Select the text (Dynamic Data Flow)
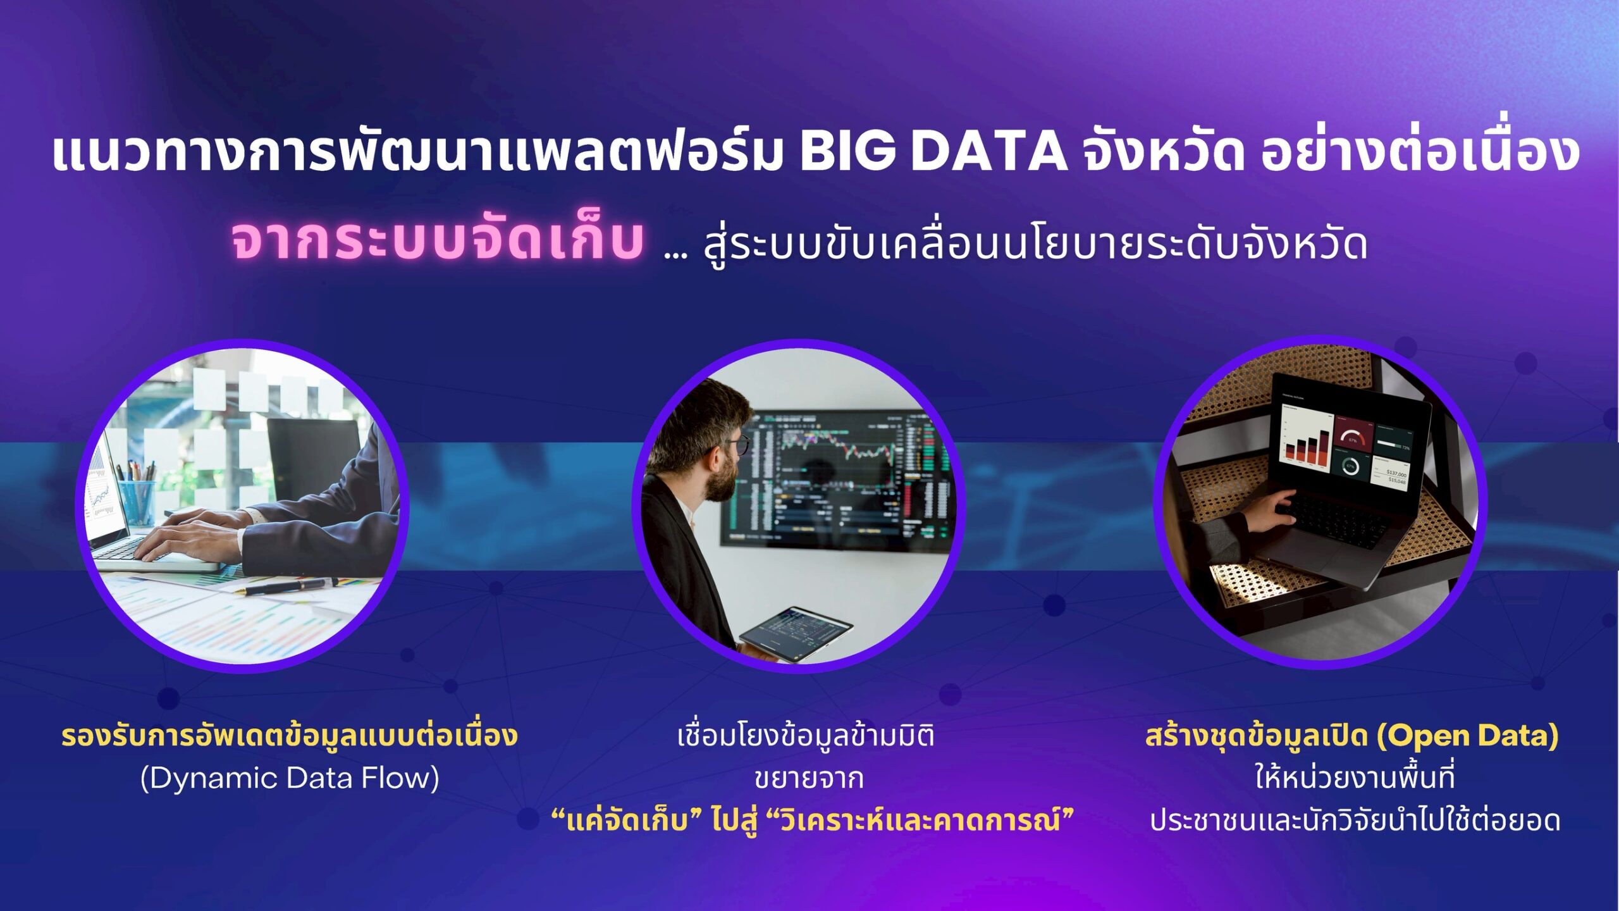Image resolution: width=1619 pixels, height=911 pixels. pos(290,778)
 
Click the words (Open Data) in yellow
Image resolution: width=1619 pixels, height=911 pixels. pos(1467,736)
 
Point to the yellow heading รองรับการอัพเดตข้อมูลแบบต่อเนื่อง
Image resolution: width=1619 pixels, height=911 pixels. pos(290,736)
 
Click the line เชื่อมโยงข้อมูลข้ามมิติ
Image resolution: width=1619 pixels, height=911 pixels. pos(806,736)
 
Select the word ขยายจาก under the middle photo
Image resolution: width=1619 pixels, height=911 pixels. pos(809,779)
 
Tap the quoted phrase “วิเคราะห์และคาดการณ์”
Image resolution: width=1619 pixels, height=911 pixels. pos(920,821)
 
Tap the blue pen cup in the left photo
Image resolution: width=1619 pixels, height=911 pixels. pos(137,500)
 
